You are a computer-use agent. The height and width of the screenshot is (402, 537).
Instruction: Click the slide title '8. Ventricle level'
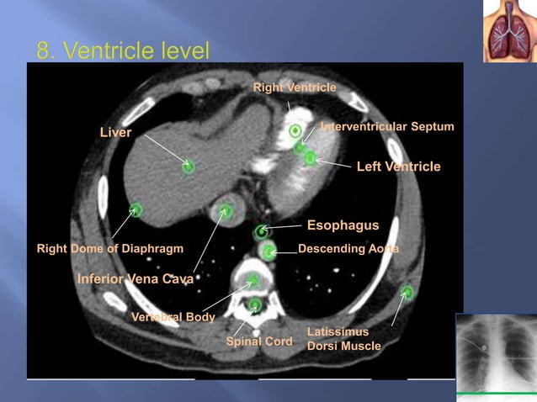pos(123,51)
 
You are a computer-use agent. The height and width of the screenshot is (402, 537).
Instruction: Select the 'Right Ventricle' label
pos(295,87)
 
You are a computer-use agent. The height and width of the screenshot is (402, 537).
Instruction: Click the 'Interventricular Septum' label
pos(387,126)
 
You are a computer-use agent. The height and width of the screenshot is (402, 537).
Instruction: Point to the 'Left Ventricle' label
pos(398,167)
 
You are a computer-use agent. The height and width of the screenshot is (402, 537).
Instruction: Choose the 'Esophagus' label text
pos(343,225)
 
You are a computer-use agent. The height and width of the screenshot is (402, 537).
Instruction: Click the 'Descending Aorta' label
pos(348,249)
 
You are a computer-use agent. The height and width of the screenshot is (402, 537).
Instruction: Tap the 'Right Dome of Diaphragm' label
pos(110,249)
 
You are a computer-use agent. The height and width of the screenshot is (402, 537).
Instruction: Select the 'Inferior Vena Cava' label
pos(136,278)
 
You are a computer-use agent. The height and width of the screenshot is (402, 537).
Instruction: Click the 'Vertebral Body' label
pos(173,317)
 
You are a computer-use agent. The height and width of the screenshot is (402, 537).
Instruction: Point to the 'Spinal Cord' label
pos(259,341)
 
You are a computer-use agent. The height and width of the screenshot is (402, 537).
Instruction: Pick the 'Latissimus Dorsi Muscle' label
pos(343,339)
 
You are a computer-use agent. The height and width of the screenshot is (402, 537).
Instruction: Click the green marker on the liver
pos(189,167)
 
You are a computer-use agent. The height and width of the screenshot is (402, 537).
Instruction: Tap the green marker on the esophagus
pos(262,230)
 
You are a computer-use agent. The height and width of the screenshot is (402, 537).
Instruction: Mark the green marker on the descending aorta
pos(268,251)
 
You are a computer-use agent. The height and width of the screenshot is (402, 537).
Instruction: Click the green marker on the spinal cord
pos(256,304)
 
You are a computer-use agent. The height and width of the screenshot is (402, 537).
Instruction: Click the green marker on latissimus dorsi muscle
pos(407,292)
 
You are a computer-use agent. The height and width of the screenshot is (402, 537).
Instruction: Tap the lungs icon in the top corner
pos(508,31)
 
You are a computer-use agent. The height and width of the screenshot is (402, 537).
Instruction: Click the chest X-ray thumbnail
pos(495,353)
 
